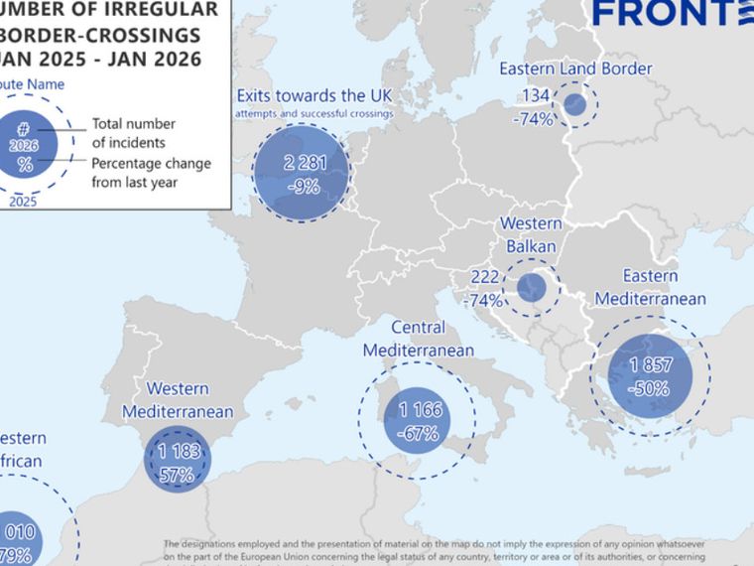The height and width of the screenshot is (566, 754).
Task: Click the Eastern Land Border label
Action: (575, 70)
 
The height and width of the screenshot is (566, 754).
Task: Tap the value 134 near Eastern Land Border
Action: (536, 96)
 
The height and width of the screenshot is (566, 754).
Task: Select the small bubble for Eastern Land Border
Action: (574, 104)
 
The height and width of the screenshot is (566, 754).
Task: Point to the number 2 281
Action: (303, 164)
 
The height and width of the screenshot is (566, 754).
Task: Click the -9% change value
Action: (303, 186)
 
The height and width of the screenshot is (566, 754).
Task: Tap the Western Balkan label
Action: (530, 234)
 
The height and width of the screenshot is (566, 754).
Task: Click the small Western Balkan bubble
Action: (532, 288)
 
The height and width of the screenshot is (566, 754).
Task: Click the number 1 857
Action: (651, 366)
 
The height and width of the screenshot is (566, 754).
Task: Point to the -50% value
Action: (651, 388)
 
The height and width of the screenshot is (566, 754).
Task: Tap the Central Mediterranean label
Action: (418, 339)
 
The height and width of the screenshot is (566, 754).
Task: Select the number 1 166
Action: (419, 410)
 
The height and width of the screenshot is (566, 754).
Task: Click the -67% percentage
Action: (419, 433)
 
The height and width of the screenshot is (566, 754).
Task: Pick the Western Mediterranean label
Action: (178, 400)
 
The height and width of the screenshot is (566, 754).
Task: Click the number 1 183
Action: (179, 452)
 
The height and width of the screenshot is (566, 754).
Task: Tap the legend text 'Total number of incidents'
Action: (134, 133)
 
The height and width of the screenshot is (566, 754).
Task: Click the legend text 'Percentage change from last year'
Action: (152, 172)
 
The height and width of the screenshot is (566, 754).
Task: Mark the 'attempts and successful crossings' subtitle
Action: (314, 114)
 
